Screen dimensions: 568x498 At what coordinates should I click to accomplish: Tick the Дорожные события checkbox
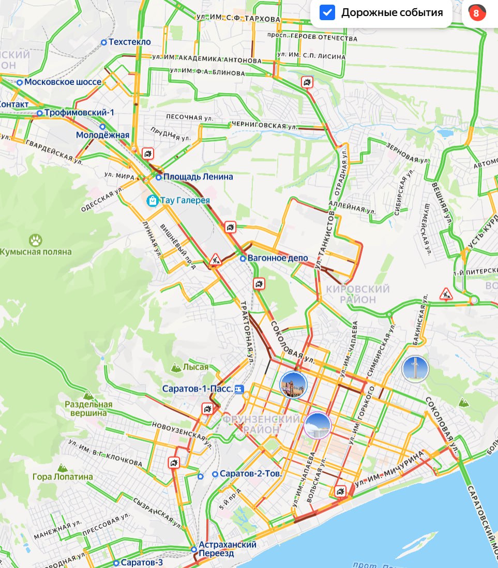pyautogui.click(x=327, y=13)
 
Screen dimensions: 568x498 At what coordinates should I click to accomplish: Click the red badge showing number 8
pyautogui.click(x=476, y=13)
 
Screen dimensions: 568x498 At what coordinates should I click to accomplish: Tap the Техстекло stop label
pyautogui.click(x=129, y=42)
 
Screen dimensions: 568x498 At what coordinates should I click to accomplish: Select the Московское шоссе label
pyautogui.click(x=63, y=82)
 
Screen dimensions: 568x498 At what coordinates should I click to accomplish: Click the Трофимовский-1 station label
pyautogui.click(x=79, y=113)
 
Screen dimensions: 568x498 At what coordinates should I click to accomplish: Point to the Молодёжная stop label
pyautogui.click(x=102, y=135)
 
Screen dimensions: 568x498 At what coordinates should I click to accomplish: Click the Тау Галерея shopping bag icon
pyautogui.click(x=152, y=200)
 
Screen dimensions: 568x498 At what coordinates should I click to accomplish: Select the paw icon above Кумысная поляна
pyautogui.click(x=35, y=240)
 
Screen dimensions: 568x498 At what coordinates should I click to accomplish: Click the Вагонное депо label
pyautogui.click(x=277, y=258)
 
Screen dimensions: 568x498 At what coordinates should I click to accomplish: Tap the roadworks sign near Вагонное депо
pyautogui.click(x=216, y=259)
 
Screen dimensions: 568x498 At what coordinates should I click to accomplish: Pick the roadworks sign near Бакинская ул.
pyautogui.click(x=446, y=294)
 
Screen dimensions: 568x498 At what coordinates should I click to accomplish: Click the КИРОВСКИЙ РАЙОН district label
pyautogui.click(x=358, y=294)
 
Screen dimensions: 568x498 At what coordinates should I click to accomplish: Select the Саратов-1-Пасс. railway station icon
pyautogui.click(x=239, y=389)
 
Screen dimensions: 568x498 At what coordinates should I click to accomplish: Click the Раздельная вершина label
pyautogui.click(x=88, y=408)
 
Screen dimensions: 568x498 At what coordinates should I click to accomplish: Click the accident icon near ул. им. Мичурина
pyautogui.click(x=340, y=491)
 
